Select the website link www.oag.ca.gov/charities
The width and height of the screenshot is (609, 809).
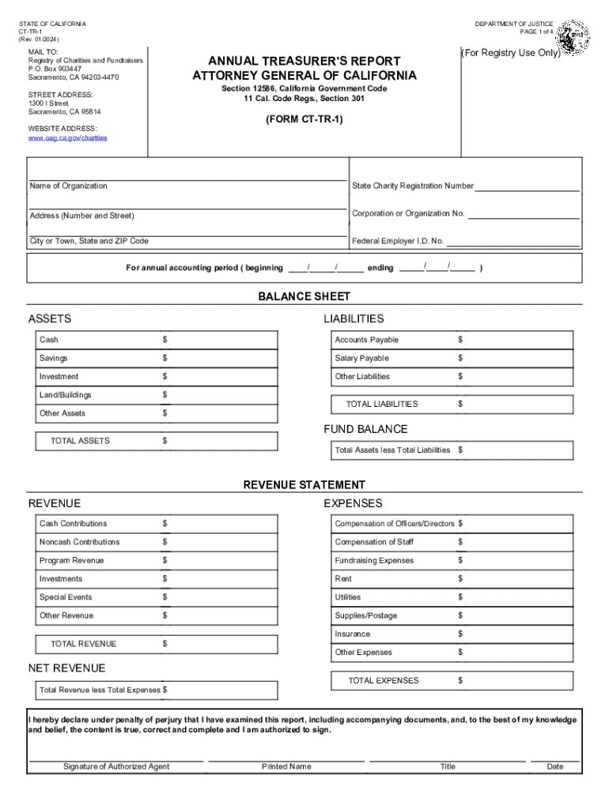[x=68, y=138]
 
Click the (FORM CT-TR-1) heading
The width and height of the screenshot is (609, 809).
[x=304, y=120]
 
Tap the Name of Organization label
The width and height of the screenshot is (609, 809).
[x=68, y=186]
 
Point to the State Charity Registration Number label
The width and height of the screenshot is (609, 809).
[x=413, y=186]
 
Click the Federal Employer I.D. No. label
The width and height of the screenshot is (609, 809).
[x=398, y=241]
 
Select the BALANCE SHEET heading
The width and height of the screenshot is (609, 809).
[x=304, y=296]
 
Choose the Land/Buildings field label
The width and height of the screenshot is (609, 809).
[x=65, y=395]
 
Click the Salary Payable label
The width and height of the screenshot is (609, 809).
[x=361, y=359]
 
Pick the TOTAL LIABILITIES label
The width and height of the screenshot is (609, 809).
[x=382, y=404]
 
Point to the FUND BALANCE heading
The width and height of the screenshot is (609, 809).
[x=365, y=429]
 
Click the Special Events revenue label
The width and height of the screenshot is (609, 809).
[x=66, y=597]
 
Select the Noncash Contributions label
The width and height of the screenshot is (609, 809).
[x=80, y=542]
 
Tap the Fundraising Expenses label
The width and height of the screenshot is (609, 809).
[x=374, y=560]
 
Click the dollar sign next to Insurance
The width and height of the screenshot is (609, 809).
[x=460, y=634]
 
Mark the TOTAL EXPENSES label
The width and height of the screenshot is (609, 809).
[x=384, y=680]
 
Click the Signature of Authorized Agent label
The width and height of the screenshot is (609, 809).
[x=116, y=766]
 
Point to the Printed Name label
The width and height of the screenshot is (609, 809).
[x=286, y=766]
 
